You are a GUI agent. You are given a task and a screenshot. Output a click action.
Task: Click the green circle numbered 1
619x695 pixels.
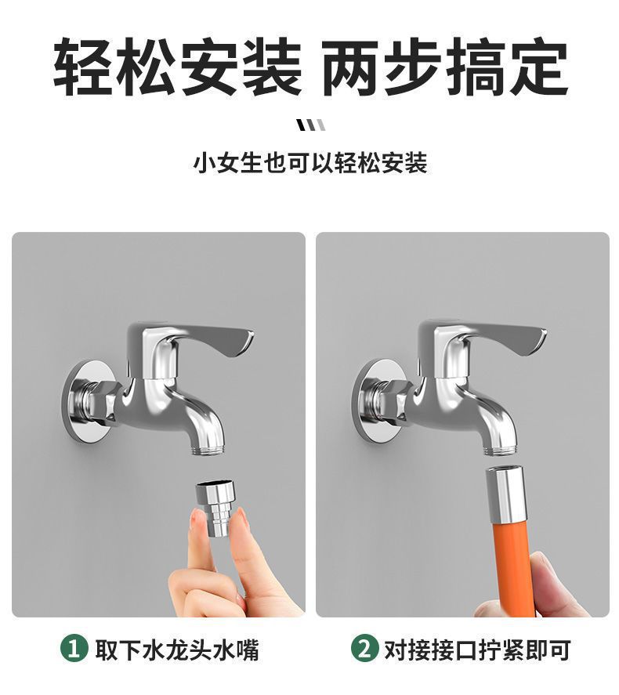click(74, 649)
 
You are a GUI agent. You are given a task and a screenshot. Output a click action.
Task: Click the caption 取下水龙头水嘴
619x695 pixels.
click(176, 650)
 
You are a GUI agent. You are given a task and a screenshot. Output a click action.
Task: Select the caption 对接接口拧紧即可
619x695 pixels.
click(476, 650)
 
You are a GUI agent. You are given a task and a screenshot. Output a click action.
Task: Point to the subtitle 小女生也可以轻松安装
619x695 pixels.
click(310, 164)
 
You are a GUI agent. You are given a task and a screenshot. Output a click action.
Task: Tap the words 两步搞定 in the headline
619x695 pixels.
click(444, 68)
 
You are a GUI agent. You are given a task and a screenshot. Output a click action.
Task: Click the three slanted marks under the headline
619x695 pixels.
click(310, 125)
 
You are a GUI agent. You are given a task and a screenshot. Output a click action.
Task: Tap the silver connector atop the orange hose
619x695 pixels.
click(505, 494)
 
